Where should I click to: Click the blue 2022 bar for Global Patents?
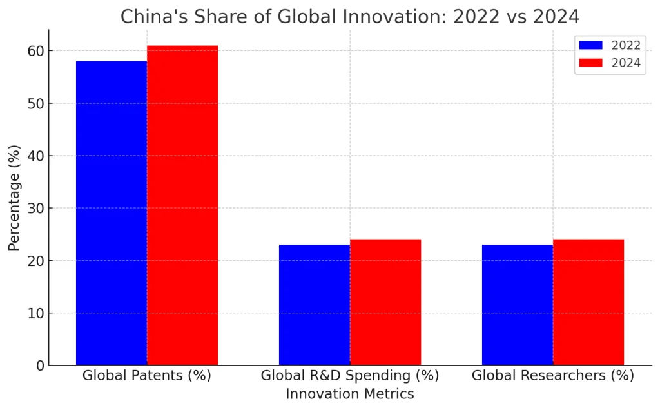(x=112, y=213)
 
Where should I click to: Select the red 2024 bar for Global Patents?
(x=182, y=205)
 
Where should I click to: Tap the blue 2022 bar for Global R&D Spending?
(x=315, y=305)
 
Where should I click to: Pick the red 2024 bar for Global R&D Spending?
(x=385, y=302)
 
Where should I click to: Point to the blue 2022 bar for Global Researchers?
(x=518, y=305)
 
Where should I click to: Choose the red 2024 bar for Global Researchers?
(x=588, y=302)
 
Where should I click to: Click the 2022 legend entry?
(x=610, y=45)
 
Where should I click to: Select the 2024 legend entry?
(x=610, y=63)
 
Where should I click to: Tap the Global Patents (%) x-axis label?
(x=147, y=376)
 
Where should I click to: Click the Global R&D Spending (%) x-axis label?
(x=350, y=376)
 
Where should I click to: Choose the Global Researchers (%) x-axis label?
(x=553, y=376)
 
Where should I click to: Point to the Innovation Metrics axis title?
(x=350, y=394)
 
